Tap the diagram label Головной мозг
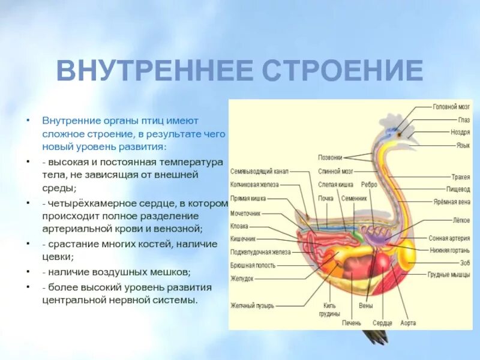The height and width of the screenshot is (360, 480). [x=452, y=107]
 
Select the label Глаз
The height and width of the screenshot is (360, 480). [x=464, y=119]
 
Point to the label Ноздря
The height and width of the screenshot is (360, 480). [x=460, y=132]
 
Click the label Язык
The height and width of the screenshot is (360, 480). [x=463, y=145]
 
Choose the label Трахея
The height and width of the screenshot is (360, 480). [x=461, y=177]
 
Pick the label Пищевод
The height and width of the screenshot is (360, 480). [x=458, y=189]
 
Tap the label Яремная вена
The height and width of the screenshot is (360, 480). [x=452, y=202]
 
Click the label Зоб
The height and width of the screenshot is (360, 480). [x=465, y=262]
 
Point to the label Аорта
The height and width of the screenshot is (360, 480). [x=407, y=323]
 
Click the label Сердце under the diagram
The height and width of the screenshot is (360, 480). [x=382, y=323]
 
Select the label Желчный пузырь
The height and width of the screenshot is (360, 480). [x=253, y=305]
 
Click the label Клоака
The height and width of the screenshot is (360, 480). [x=239, y=226]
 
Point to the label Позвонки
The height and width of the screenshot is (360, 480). [x=330, y=158]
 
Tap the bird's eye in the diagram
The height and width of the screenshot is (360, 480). [x=398, y=135]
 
